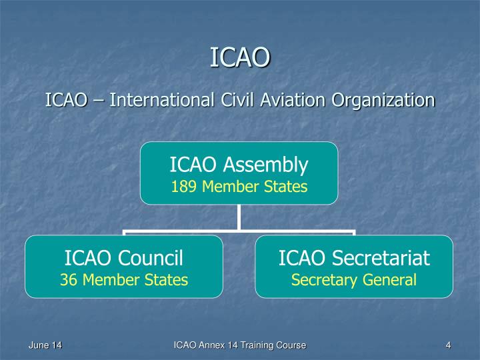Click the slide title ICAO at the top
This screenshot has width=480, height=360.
coord(240,57)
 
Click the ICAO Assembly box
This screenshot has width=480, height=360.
coord(239,173)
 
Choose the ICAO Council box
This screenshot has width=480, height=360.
coord(124,266)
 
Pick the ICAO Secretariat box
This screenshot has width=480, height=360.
coord(354,266)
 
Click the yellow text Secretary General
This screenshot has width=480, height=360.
coord(354,280)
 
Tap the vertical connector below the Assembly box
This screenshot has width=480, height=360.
coord(239,218)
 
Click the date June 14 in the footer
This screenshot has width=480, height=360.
coord(45,345)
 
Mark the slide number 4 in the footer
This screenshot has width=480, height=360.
coord(449,345)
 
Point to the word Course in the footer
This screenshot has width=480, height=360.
coord(290,345)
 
